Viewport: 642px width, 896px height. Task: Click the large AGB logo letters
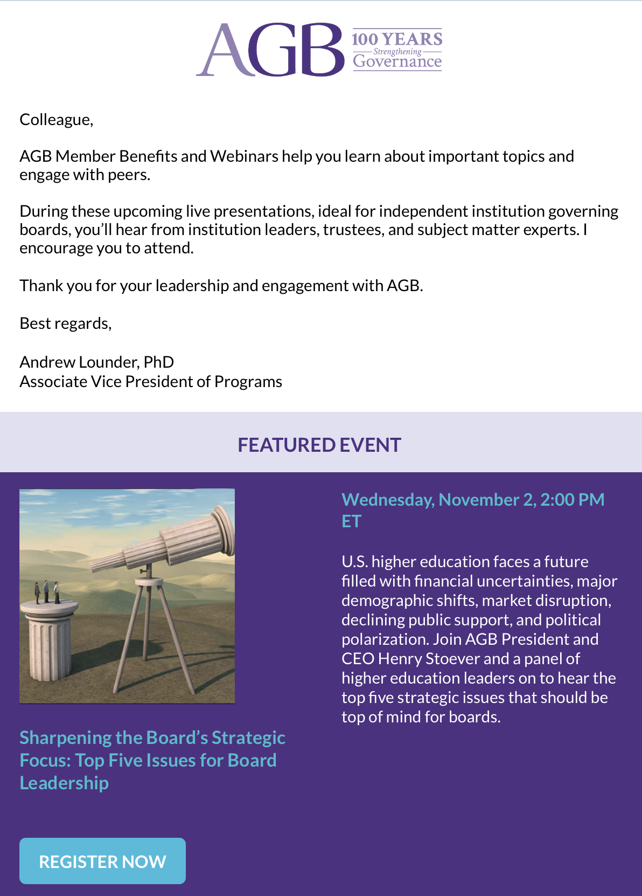point(270,50)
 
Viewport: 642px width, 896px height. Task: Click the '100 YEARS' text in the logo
point(397,39)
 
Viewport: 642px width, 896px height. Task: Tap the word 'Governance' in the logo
point(397,61)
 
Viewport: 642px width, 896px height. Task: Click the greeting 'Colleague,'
point(57,120)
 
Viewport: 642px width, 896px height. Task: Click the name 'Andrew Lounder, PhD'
point(97,362)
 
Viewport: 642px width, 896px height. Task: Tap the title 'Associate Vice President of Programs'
point(151,382)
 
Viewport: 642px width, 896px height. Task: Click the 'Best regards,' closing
point(66,323)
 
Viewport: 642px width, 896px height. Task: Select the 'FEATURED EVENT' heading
point(319,445)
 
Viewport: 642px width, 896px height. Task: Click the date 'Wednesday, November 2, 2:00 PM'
point(473,500)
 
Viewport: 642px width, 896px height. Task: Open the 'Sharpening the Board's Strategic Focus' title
point(152,760)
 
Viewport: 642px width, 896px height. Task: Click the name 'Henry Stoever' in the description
point(429,658)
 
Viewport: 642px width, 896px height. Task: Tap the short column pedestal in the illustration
point(50,640)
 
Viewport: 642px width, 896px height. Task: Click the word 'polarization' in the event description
point(385,639)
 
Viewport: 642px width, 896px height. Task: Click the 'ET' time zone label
point(352,521)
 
